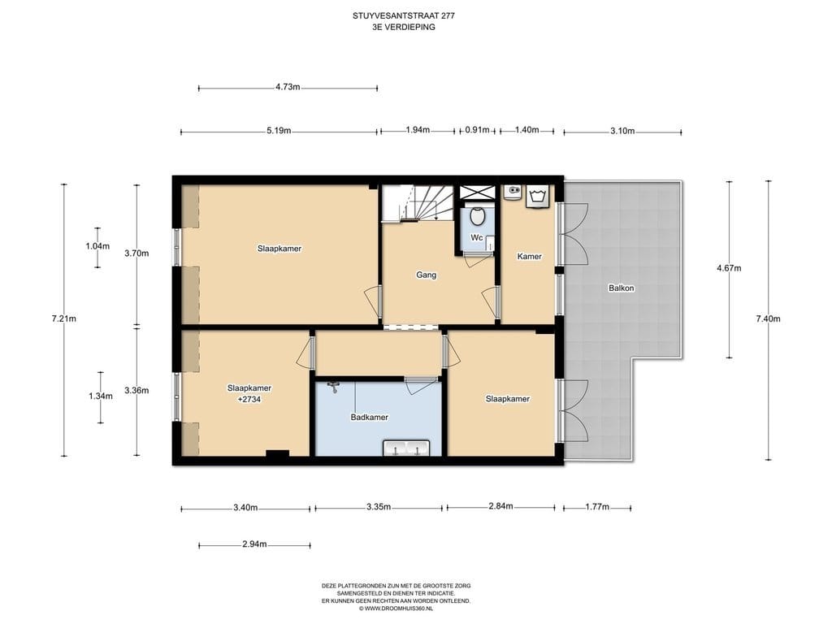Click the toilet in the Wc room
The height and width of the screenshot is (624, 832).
pyautogui.click(x=478, y=217)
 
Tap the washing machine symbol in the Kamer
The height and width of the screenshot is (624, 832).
pyautogui.click(x=539, y=197)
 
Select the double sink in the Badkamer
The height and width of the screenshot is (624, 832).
pyautogui.click(x=406, y=448)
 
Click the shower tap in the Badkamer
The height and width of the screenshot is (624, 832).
pyautogui.click(x=333, y=387)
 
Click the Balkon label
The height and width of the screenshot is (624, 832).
pyautogui.click(x=622, y=288)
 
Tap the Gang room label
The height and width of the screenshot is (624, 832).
pyautogui.click(x=426, y=275)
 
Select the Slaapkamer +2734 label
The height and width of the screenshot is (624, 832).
pyautogui.click(x=249, y=393)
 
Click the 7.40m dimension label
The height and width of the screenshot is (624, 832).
pyautogui.click(x=769, y=318)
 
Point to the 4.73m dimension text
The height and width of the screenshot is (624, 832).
pyautogui.click(x=288, y=87)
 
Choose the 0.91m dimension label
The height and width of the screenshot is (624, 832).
pyautogui.click(x=477, y=130)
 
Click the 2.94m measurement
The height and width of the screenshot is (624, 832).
pyautogui.click(x=254, y=544)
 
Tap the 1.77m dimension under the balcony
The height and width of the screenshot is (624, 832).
pyautogui.click(x=597, y=507)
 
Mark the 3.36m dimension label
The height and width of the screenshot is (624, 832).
pyautogui.click(x=136, y=391)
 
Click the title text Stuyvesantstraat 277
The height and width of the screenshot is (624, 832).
pyautogui.click(x=403, y=16)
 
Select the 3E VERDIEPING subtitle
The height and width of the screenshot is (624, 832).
pyautogui.click(x=404, y=27)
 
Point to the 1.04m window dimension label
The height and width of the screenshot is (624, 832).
pyautogui.click(x=97, y=246)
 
